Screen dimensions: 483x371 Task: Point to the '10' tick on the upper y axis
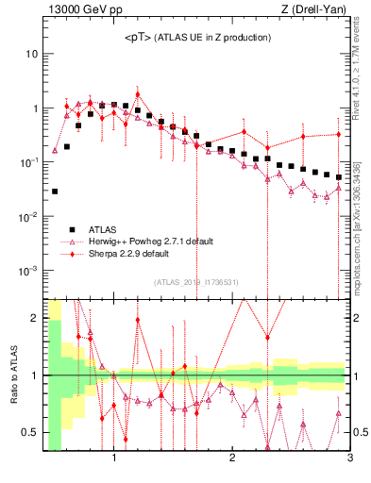click(31, 54)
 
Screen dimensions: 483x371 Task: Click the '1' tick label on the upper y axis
click(35, 108)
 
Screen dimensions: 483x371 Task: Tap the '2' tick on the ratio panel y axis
click(36, 317)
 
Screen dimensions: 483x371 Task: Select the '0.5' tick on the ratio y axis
click(30, 432)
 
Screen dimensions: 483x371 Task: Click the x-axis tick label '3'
click(349, 459)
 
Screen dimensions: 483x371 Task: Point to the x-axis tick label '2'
click(232, 459)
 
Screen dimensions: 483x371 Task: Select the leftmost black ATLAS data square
click(55, 192)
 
